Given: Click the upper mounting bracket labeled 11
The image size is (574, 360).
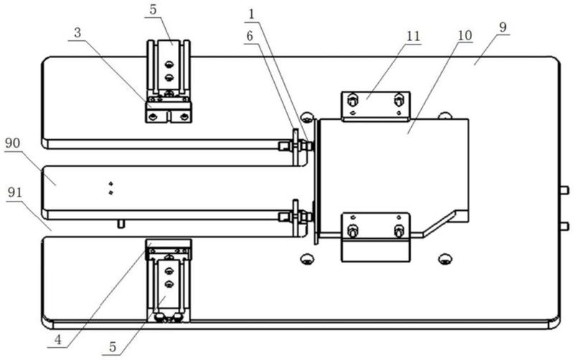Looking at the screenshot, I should point(375,107).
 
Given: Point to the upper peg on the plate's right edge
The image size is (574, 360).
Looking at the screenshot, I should point(564,190).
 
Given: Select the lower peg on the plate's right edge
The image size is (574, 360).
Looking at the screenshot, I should point(564,226).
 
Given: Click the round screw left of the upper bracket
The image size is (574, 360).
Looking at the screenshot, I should point(307,117).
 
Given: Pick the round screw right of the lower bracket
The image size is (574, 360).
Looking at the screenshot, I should point(445,258).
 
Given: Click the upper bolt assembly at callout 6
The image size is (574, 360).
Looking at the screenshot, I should point(296,146).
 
